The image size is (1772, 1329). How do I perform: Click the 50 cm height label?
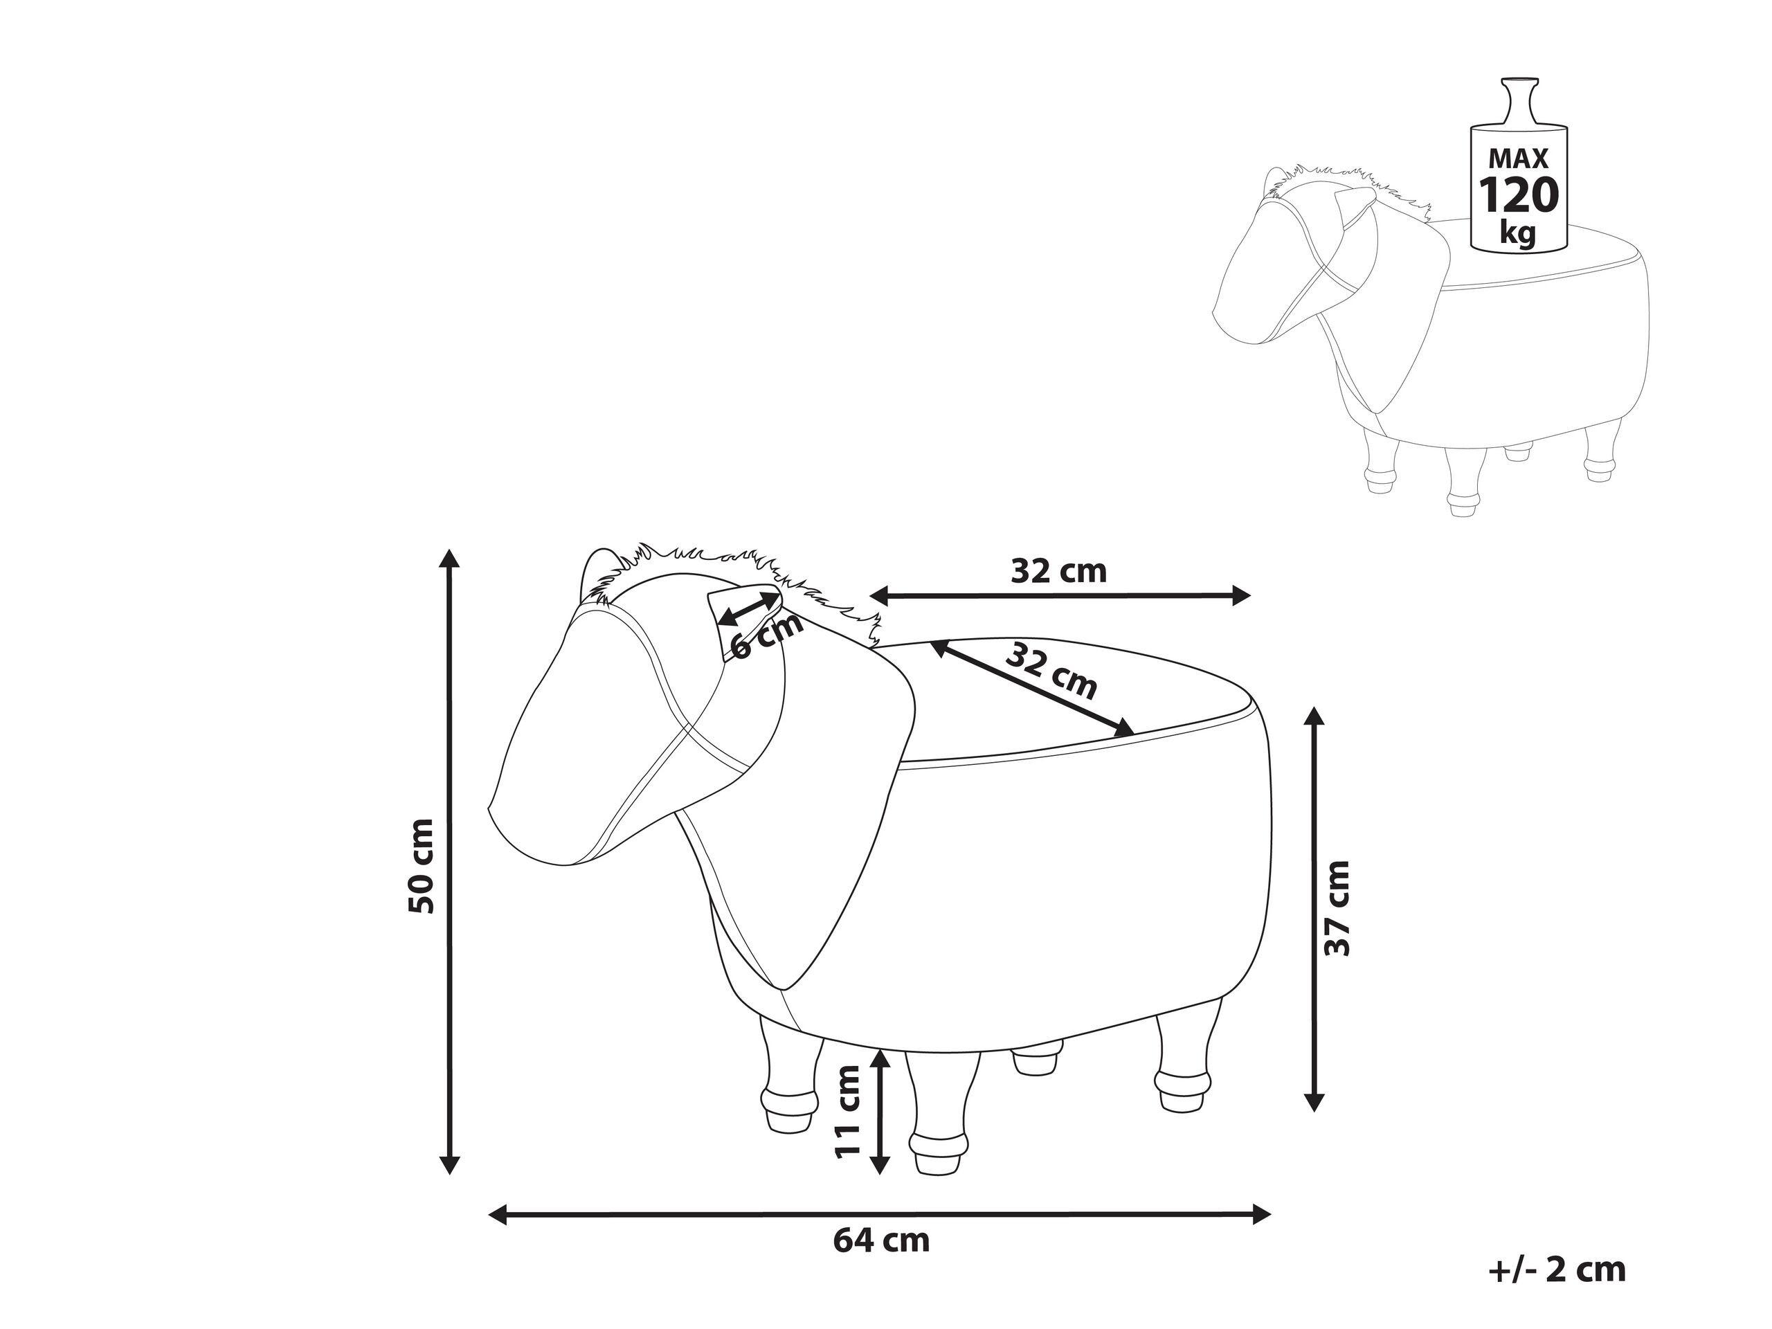[422, 866]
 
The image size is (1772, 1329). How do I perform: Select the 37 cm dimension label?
[1337, 908]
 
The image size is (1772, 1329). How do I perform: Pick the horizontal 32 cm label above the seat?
[1058, 571]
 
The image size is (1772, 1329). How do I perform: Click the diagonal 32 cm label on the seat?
[1050, 671]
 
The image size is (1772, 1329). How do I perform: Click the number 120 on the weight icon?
[1519, 195]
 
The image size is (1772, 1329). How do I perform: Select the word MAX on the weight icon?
[1519, 158]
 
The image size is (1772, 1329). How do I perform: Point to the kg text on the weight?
[1518, 234]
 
